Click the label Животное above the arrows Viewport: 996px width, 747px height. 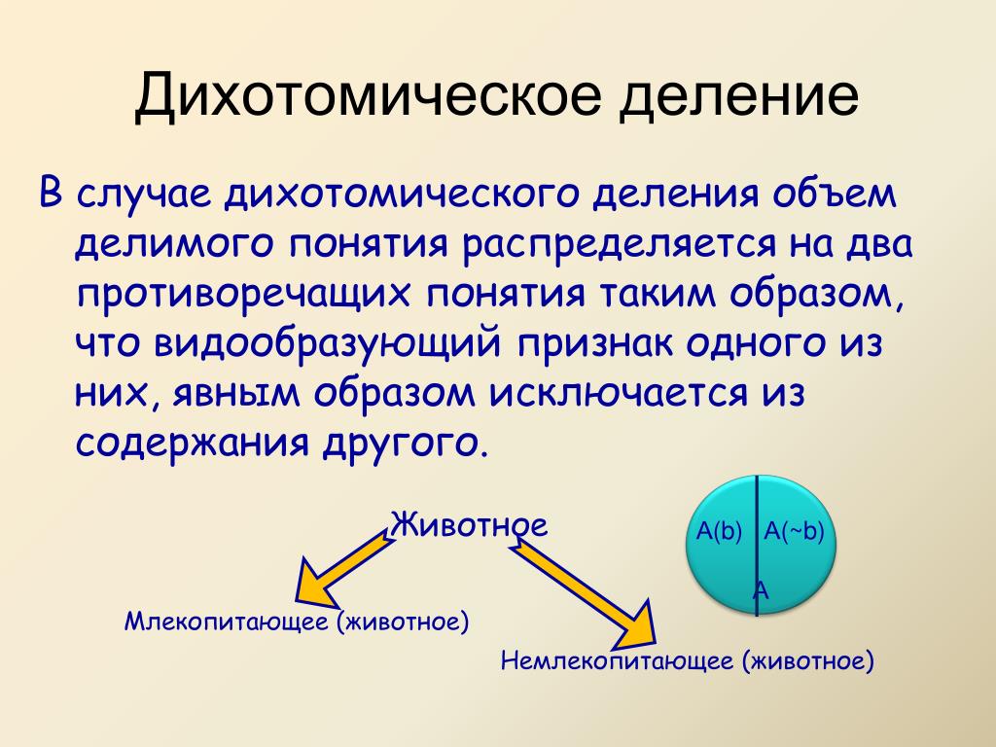469,525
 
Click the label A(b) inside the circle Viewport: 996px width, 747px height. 719,531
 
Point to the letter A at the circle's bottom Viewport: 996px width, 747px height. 762,588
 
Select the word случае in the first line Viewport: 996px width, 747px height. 145,193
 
